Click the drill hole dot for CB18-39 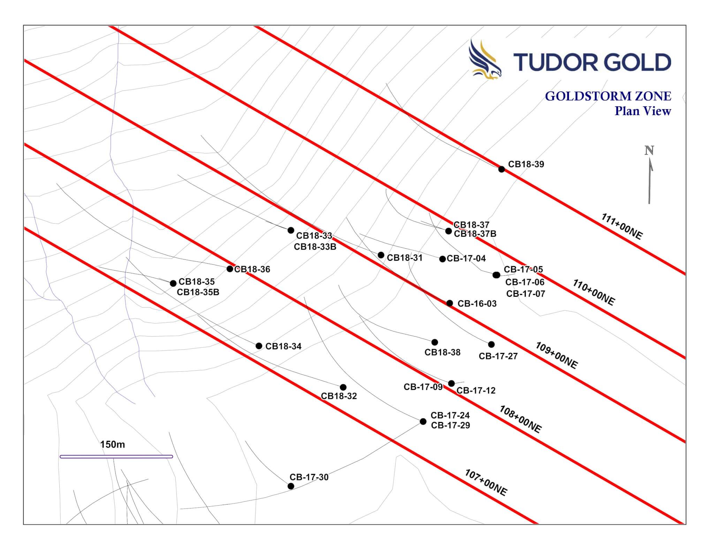(x=501, y=169)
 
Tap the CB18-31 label (x=404, y=258)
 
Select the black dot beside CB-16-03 (x=450, y=303)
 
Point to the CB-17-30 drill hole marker (x=291, y=486)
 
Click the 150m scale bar (x=116, y=456)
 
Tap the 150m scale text (x=112, y=444)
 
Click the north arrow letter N (x=649, y=151)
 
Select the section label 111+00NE (x=622, y=226)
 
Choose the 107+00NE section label (x=486, y=483)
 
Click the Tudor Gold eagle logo (x=485, y=59)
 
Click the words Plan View (x=643, y=111)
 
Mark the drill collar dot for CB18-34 (x=259, y=346)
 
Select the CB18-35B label (x=198, y=292)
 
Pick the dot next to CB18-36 (x=230, y=269)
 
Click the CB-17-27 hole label (x=498, y=356)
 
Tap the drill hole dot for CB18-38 (x=435, y=342)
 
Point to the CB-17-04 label (x=466, y=258)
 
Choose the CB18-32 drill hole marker (x=343, y=387)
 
